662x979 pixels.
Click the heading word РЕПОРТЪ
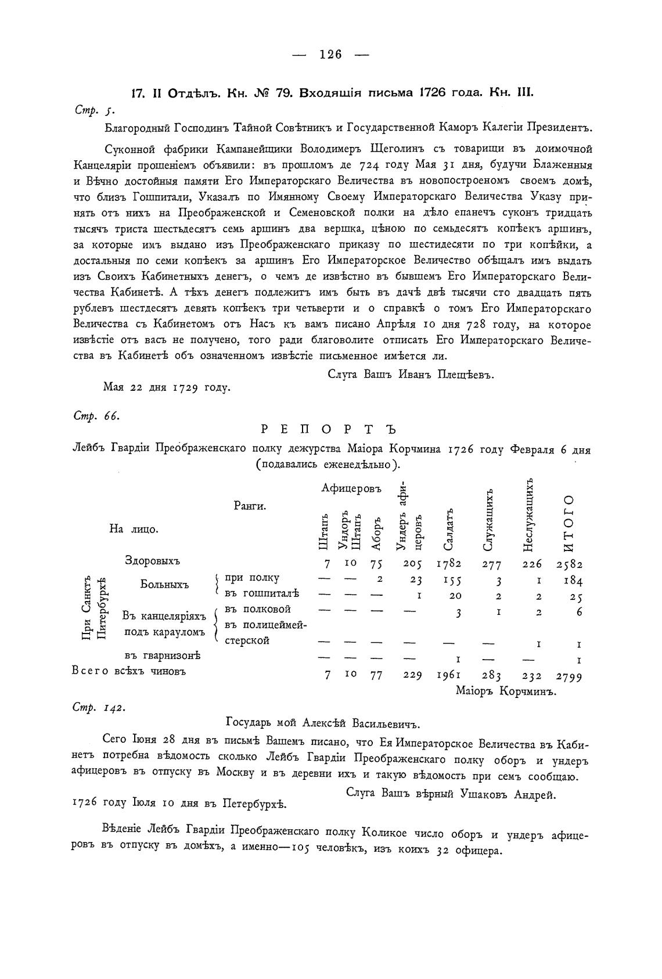point(328,430)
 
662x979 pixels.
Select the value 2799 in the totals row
point(569,676)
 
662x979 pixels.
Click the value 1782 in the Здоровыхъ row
point(449,563)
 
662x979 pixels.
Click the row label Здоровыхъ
point(153,561)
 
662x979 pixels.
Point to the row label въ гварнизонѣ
point(162,656)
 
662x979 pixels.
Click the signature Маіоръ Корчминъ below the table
point(506,692)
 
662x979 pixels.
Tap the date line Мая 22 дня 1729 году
point(167,387)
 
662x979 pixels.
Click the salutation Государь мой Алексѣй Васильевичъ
point(322,723)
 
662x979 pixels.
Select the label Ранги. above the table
point(250,506)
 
